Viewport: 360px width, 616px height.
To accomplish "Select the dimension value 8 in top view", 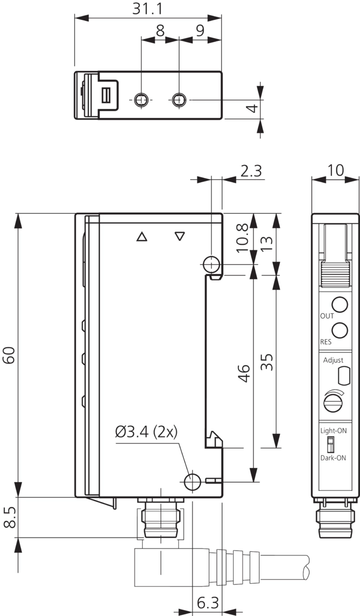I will click(159, 30).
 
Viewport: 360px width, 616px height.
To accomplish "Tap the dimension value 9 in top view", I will click(199, 30).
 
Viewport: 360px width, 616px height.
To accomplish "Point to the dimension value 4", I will click(251, 109).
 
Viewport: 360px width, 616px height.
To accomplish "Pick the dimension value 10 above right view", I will click(335, 170).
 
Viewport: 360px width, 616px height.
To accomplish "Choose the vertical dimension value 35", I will click(267, 362).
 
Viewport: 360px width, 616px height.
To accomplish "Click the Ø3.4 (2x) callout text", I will click(146, 432).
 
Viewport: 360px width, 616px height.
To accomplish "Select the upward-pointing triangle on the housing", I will click(142, 237).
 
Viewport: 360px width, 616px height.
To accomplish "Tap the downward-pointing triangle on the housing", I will click(180, 236).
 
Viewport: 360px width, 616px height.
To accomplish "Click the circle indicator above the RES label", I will click(339, 329).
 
